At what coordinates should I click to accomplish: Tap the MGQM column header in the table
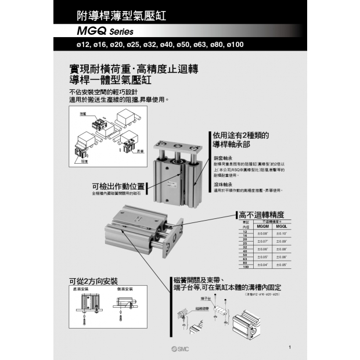pos(263,226)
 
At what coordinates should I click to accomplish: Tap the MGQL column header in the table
pos(282,226)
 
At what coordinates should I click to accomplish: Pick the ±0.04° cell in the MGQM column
pos(263,264)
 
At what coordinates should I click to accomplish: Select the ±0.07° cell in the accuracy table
pos(263,240)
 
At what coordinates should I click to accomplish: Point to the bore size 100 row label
pos(246,267)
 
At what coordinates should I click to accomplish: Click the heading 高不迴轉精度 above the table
pos(262,214)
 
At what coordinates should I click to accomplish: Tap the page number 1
pos(289,347)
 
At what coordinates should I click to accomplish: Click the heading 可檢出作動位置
pos(118,186)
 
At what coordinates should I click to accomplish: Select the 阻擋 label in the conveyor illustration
pos(84,162)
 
